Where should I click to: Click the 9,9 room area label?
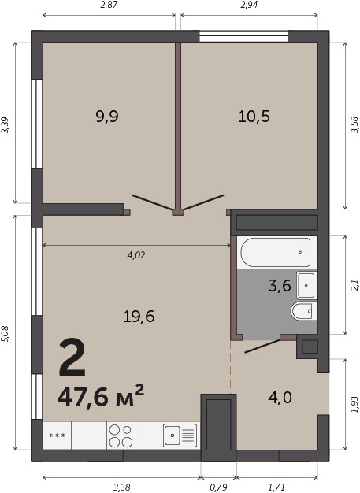click(x=107, y=117)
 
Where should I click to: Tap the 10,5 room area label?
click(x=254, y=117)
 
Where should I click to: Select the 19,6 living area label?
click(x=139, y=316)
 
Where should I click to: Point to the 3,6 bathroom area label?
click(x=280, y=286)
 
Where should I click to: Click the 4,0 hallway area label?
click(x=280, y=398)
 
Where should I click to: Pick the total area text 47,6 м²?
click(x=101, y=396)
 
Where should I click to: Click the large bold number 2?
click(x=72, y=358)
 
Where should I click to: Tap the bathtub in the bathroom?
click(x=276, y=253)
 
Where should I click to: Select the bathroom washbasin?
click(x=306, y=286)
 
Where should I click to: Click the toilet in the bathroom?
click(x=303, y=311)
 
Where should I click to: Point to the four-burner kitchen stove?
click(x=121, y=436)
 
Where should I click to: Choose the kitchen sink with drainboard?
click(x=180, y=436)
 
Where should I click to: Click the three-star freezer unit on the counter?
click(x=58, y=436)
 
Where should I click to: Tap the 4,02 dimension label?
click(x=136, y=255)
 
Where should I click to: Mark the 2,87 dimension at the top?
click(x=109, y=5)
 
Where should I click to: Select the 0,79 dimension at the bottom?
click(x=218, y=487)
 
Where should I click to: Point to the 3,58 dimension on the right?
click(x=354, y=124)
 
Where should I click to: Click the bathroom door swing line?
click(x=262, y=346)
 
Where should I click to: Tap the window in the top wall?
click(x=243, y=36)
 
